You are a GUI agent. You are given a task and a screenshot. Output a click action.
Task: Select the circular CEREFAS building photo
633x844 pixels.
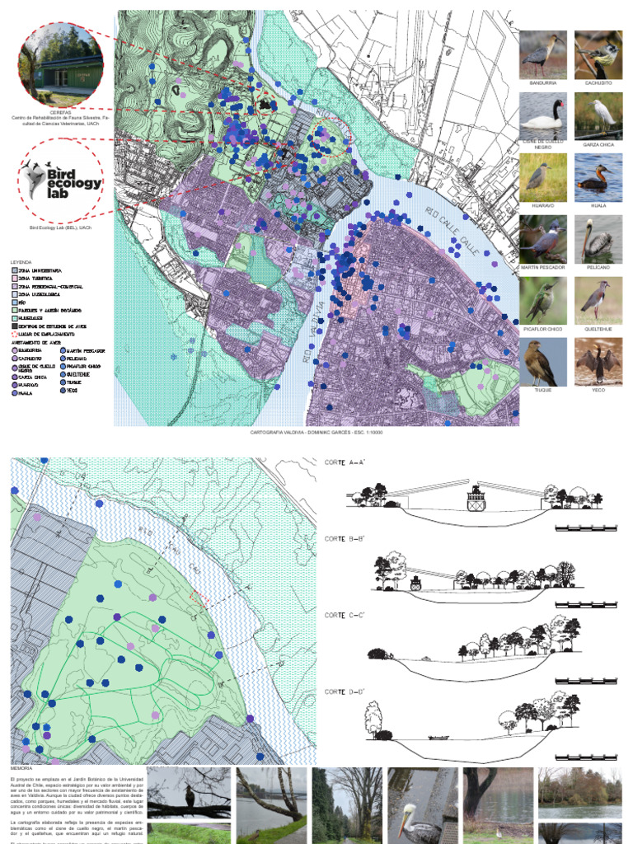coord(61,64)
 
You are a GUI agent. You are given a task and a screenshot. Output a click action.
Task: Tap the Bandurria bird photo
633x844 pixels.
coord(543,54)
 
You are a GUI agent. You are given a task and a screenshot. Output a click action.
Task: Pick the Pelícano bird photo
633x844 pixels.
coord(598,239)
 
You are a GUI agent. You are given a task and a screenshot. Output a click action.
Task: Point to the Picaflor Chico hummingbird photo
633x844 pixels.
coord(543,300)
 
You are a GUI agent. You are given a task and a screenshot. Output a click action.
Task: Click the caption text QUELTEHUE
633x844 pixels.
coord(598,329)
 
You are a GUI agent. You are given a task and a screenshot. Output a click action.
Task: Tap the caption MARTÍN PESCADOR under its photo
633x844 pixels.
coord(543,267)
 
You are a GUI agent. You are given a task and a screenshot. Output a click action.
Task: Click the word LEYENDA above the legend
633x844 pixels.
coord(21,261)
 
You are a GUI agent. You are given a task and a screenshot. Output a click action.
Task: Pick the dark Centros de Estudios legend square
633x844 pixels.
coord(14,326)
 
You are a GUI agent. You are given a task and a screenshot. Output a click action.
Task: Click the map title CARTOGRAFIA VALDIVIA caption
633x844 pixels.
coord(316,432)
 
